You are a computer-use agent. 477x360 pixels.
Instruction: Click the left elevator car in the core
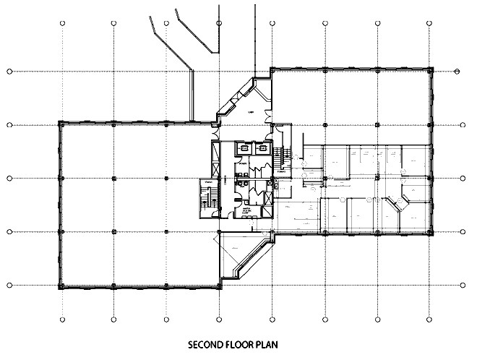[244, 147]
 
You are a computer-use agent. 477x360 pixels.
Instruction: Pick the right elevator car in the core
[260, 147]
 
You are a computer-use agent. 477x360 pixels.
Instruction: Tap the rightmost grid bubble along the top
[431, 22]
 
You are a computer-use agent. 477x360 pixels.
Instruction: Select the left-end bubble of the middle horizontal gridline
[9, 178]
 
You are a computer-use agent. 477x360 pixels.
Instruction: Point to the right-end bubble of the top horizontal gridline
[458, 72]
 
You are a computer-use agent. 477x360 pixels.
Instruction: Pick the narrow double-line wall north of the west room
[192, 94]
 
